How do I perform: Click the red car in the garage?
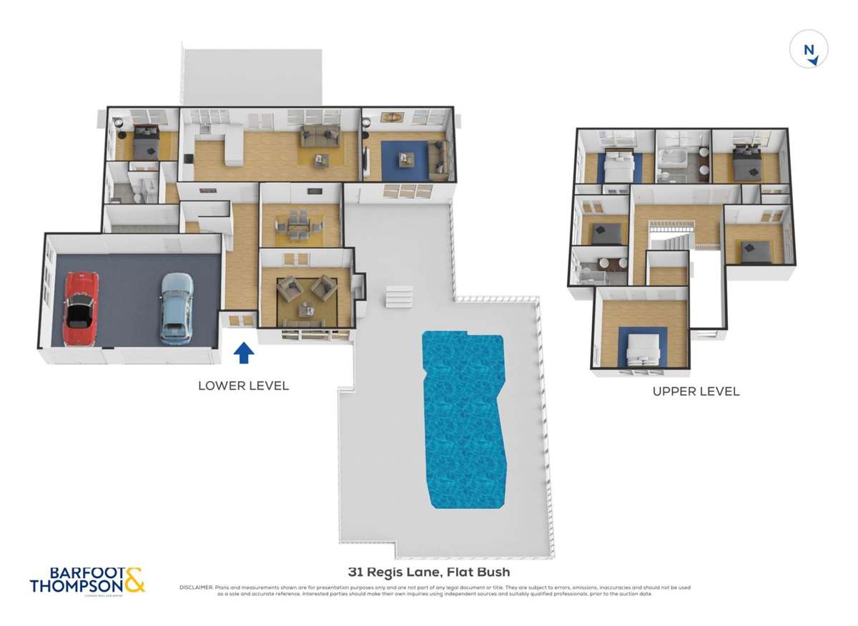(x=82, y=308)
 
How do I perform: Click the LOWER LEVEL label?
(x=243, y=386)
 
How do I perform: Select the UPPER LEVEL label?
(x=696, y=391)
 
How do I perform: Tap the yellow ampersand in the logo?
(x=133, y=579)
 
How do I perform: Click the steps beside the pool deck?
(x=399, y=295)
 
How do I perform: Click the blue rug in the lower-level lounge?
(x=404, y=159)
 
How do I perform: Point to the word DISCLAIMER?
(x=196, y=588)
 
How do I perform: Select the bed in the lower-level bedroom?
(x=146, y=142)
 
